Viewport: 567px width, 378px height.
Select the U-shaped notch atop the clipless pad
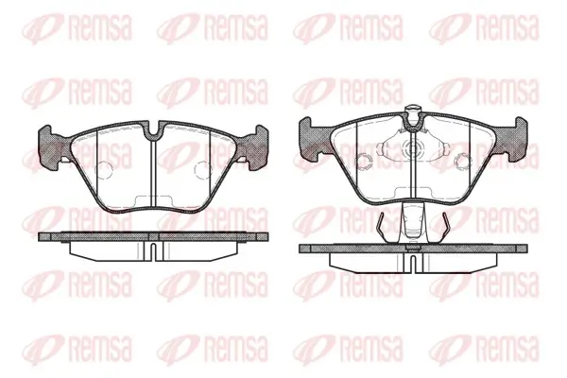point(154,130)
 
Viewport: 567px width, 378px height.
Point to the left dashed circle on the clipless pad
point(104,169)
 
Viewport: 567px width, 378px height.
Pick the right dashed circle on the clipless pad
point(203,169)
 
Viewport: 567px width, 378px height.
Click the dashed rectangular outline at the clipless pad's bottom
point(153,200)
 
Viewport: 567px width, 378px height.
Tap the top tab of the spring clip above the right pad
point(413,110)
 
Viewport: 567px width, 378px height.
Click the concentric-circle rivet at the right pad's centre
point(413,148)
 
